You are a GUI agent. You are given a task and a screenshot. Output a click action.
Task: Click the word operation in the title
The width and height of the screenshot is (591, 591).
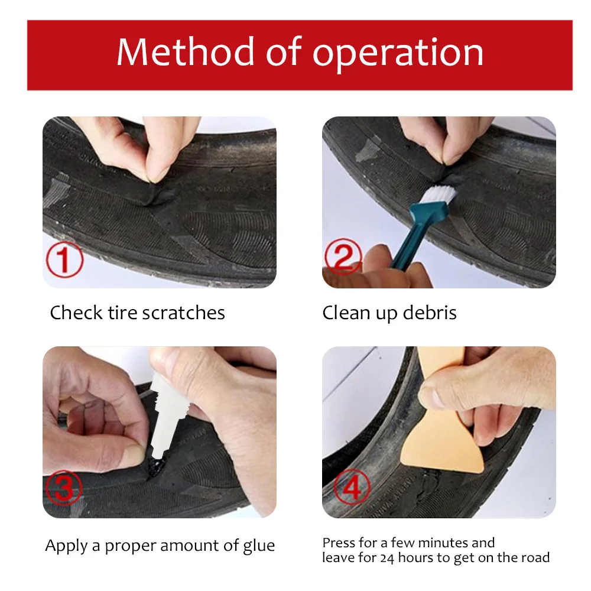[x=398, y=53]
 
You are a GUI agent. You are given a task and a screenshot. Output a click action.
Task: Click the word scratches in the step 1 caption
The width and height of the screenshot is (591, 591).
[x=184, y=313]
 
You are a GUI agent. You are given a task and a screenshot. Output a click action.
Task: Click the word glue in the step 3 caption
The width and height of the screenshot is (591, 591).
[x=258, y=545]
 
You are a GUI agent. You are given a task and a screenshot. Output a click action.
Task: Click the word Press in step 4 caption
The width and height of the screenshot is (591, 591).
[x=339, y=543]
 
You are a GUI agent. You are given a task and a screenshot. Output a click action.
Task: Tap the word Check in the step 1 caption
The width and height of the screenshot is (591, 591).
[x=71, y=313]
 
